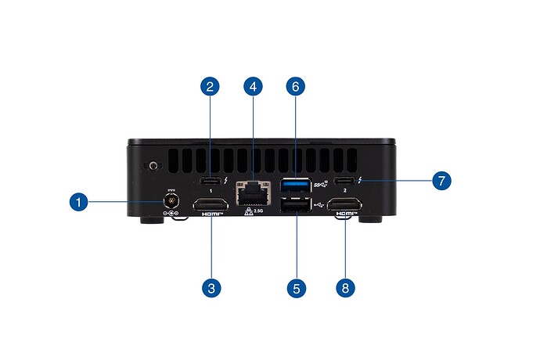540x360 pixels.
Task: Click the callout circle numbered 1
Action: pyautogui.click(x=77, y=203)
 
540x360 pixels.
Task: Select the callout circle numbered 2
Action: pyautogui.click(x=209, y=88)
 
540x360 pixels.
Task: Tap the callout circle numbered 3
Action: pyautogui.click(x=209, y=287)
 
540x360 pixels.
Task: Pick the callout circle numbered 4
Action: pyautogui.click(x=252, y=88)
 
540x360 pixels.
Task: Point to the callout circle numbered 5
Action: pyautogui.click(x=295, y=287)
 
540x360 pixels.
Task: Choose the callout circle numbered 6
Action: pyautogui.click(x=295, y=88)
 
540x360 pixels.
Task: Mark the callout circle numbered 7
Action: pyautogui.click(x=441, y=180)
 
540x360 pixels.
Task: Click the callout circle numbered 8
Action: pyautogui.click(x=345, y=287)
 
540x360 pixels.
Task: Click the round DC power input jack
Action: pyautogui.click(x=170, y=201)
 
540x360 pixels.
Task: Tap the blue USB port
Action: pyautogui.click(x=294, y=185)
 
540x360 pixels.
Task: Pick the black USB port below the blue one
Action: pyautogui.click(x=294, y=205)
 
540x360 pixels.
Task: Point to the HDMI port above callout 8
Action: pyautogui.click(x=344, y=207)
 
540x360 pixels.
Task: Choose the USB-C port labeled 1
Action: pyautogui.click(x=210, y=182)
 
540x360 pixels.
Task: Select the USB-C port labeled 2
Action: pyautogui.click(x=344, y=182)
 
